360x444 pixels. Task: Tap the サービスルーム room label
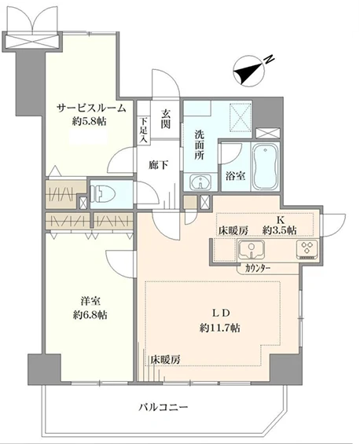pyautogui.click(x=90, y=109)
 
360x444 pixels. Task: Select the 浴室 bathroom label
pyautogui.click(x=233, y=176)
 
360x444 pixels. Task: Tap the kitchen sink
pyautogui.click(x=252, y=251)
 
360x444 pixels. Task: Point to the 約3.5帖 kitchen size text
pyautogui.click(x=280, y=230)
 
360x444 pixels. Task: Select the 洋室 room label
pyautogui.click(x=89, y=301)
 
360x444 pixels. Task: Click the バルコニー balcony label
pyautogui.click(x=163, y=407)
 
